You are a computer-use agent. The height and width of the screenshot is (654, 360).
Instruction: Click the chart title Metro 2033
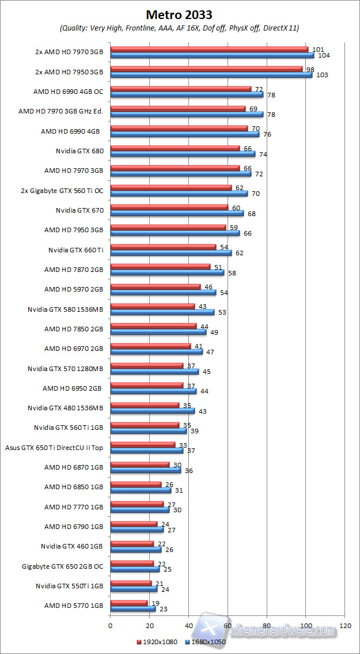click(179, 14)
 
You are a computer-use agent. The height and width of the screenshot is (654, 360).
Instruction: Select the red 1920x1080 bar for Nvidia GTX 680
click(175, 148)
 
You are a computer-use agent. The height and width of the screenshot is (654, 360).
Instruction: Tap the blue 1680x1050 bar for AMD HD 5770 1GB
click(132, 608)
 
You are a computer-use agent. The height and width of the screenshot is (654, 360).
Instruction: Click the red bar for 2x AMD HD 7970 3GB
click(209, 50)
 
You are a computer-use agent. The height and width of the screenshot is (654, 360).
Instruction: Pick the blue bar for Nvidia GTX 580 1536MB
click(162, 312)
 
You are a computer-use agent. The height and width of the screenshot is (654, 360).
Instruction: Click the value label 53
click(222, 312)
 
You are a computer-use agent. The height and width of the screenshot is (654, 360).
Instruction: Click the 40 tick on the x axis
click(188, 625)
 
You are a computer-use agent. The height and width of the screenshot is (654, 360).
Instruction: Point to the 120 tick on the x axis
click(345, 625)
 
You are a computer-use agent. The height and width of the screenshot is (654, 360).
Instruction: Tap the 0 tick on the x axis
click(110, 625)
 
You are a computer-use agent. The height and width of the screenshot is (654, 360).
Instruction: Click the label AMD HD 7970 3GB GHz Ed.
click(60, 111)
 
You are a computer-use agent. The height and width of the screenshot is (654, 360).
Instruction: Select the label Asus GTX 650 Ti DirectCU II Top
click(54, 447)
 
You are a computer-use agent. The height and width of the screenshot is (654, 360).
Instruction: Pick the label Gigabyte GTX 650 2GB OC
click(62, 565)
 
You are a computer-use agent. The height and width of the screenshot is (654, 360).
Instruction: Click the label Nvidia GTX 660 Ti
click(76, 249)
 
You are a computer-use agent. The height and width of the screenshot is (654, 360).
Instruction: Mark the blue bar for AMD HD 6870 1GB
click(145, 470)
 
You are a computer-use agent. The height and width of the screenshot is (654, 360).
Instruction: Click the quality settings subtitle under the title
click(179, 28)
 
